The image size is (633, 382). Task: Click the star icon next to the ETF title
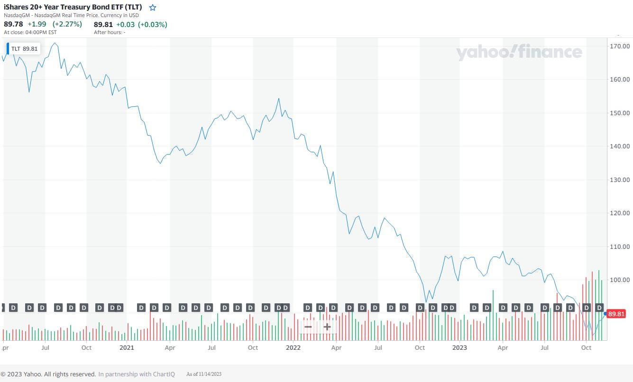152,8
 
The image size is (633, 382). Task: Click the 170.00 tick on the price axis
620,46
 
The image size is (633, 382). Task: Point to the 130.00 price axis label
620,180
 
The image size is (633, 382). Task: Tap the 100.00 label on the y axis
620,280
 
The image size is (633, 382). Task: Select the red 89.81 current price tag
616,314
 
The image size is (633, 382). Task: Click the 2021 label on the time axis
127,347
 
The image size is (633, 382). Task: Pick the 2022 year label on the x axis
293,347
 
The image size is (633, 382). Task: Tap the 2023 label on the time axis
459,347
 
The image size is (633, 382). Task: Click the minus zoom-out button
308,327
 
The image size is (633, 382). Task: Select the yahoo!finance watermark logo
519,52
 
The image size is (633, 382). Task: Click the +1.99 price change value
37,24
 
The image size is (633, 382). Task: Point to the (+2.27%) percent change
67,24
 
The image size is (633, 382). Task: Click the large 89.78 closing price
13,24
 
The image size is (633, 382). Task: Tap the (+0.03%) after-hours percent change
152,25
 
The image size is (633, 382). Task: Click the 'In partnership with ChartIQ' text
137,374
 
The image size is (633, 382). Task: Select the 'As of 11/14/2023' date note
204,374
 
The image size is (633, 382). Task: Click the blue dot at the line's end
605,314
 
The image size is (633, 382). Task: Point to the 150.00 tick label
620,113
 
